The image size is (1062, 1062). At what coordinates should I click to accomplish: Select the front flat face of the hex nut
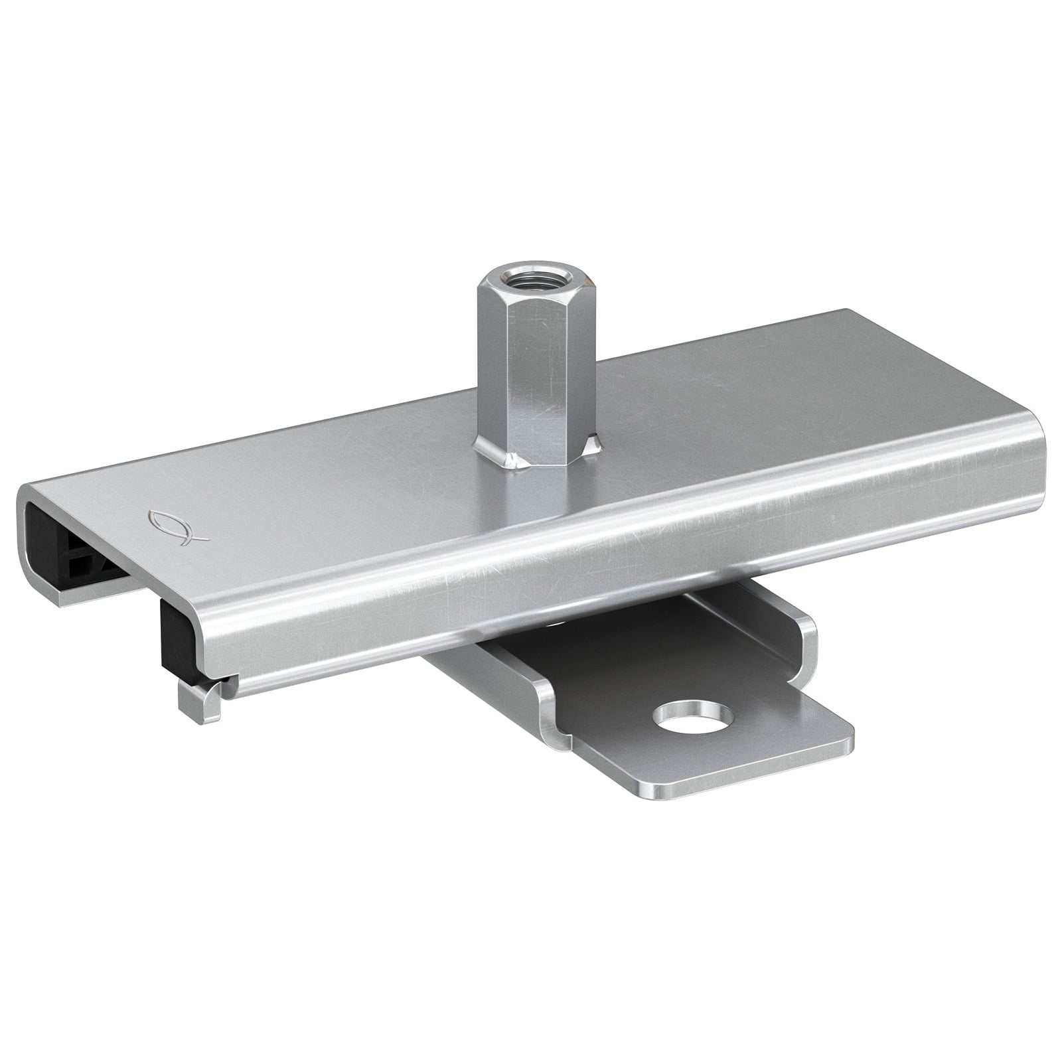[541, 372]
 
